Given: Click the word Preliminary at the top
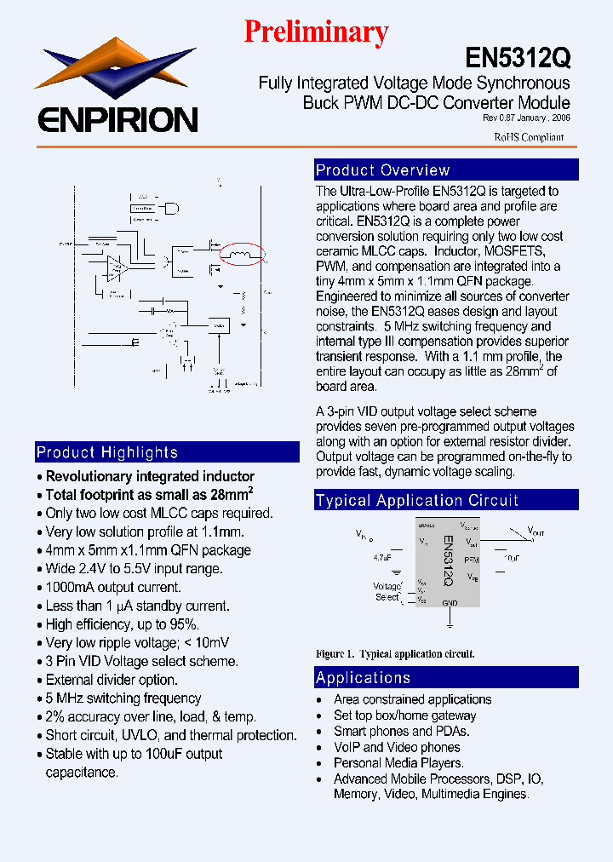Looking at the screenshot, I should click(x=316, y=32).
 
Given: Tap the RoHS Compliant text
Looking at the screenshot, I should click(x=529, y=137).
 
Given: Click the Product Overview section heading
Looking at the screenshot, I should click(x=383, y=170).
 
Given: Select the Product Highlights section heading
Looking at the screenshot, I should click(x=107, y=452).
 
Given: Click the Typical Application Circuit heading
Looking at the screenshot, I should click(x=417, y=501).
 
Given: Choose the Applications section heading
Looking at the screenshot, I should click(x=364, y=678).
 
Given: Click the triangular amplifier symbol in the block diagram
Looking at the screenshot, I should click(x=116, y=268).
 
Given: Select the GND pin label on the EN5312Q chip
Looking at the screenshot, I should click(x=450, y=602).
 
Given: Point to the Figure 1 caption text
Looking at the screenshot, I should click(x=395, y=654).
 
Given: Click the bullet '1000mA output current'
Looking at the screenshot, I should click(x=113, y=588).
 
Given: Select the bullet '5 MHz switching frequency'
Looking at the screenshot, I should click(x=123, y=698).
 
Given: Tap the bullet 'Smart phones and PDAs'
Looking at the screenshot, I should click(x=401, y=731).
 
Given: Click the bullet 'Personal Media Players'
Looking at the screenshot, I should click(x=398, y=762).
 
